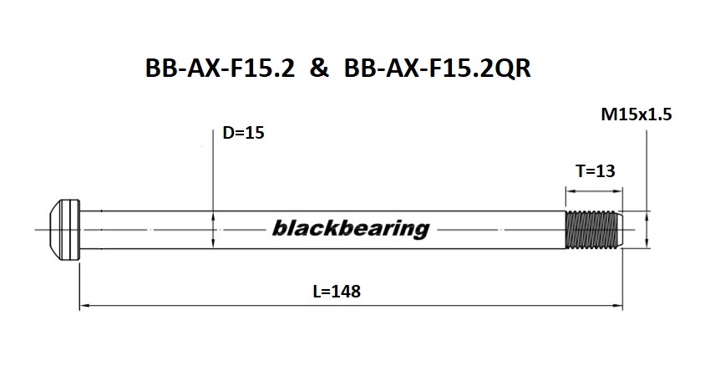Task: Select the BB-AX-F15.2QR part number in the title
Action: [x=436, y=69]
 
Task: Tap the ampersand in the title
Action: [x=318, y=69]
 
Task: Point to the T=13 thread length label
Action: [x=595, y=171]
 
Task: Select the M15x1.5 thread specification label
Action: [x=636, y=115]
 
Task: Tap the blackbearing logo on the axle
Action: [x=349, y=228]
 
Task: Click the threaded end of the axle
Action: [x=593, y=228]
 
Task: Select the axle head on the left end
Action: [x=65, y=228]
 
